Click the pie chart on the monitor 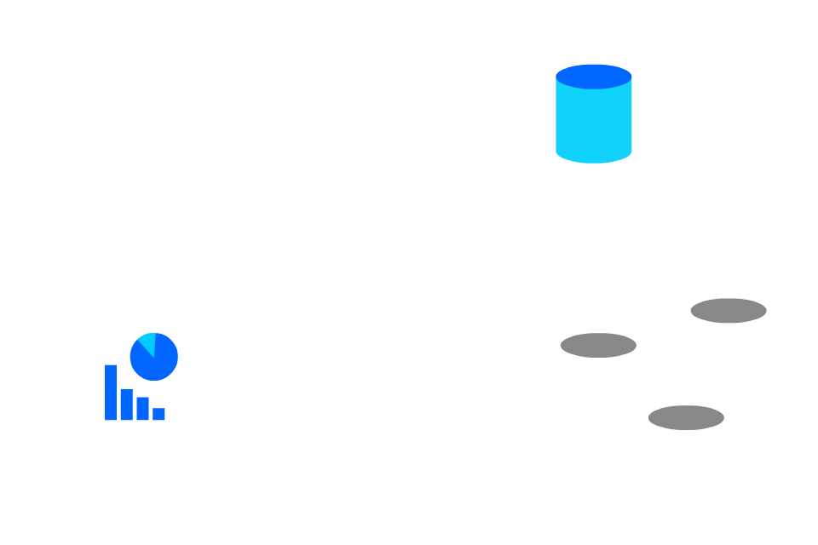(153, 356)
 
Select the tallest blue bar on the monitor (111, 392)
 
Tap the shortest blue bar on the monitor (158, 414)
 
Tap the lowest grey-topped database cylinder (686, 456)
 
